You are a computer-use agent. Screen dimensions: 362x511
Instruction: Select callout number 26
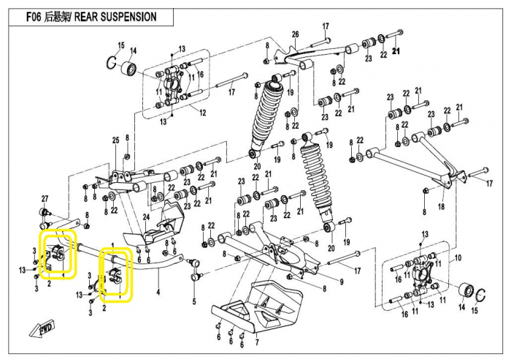coord(295,35)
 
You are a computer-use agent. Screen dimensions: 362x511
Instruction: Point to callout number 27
coord(45,199)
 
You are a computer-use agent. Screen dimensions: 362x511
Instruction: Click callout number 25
coord(115,140)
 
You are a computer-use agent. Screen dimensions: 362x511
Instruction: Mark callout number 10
coord(458,259)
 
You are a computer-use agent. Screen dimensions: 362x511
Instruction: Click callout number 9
coord(341,282)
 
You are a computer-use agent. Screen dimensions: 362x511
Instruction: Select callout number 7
coord(256,342)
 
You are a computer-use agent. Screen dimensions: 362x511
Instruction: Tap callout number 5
coord(194,301)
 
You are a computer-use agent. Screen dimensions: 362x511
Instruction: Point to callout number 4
coord(157,293)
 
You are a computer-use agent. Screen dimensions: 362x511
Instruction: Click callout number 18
coord(441,208)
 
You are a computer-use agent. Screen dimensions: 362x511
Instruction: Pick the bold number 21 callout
coord(396,51)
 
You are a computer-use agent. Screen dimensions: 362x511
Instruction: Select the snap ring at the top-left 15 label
coord(112,63)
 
